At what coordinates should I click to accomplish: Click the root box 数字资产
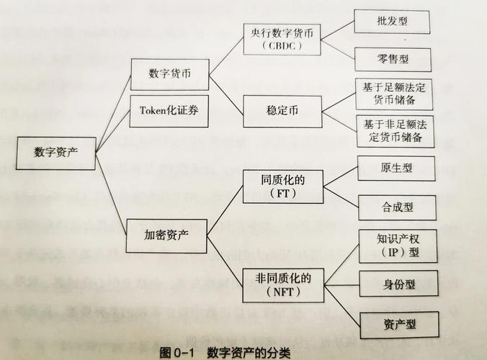[55, 152]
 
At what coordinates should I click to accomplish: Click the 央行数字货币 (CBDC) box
[282, 39]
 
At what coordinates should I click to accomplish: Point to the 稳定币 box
[282, 112]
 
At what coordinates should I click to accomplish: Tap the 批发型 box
[392, 21]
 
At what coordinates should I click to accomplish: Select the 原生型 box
[396, 169]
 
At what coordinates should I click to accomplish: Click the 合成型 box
[397, 207]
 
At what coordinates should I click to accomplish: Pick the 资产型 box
[398, 325]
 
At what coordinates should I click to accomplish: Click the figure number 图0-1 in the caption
[176, 353]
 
